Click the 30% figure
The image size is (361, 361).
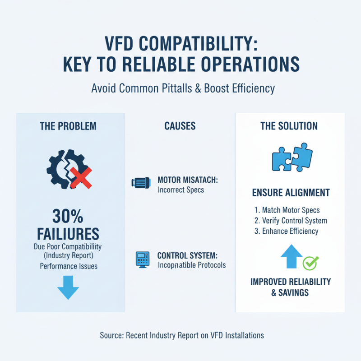[x=68, y=217]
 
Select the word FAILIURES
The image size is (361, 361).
[x=68, y=234]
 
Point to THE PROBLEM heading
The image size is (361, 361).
[x=68, y=126]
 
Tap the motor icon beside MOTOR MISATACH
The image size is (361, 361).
[x=140, y=182]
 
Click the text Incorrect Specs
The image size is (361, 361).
[x=180, y=190]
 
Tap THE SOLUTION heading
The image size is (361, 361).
[x=289, y=126]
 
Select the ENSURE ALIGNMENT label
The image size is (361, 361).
[x=290, y=193]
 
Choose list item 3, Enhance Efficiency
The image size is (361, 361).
[x=286, y=231]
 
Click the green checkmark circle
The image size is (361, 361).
[x=310, y=262]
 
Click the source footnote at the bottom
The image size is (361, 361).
[x=181, y=335]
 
